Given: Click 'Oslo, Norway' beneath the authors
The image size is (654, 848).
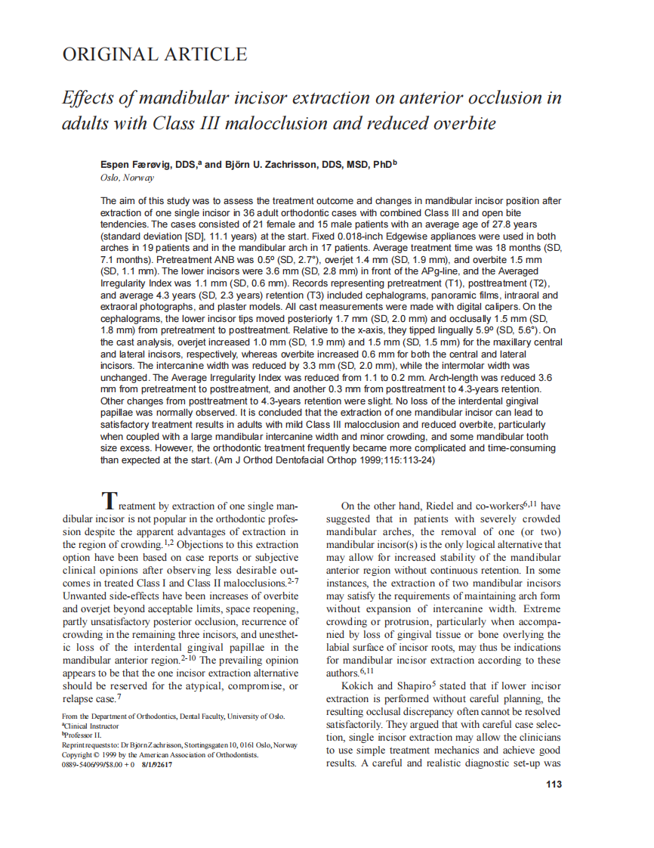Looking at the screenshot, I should [x=127, y=178].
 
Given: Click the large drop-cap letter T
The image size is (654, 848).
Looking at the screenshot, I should [x=110, y=500].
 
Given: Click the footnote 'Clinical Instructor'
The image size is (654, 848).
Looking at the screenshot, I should [x=94, y=725].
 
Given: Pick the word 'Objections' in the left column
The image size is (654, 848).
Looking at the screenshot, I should [x=206, y=544].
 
